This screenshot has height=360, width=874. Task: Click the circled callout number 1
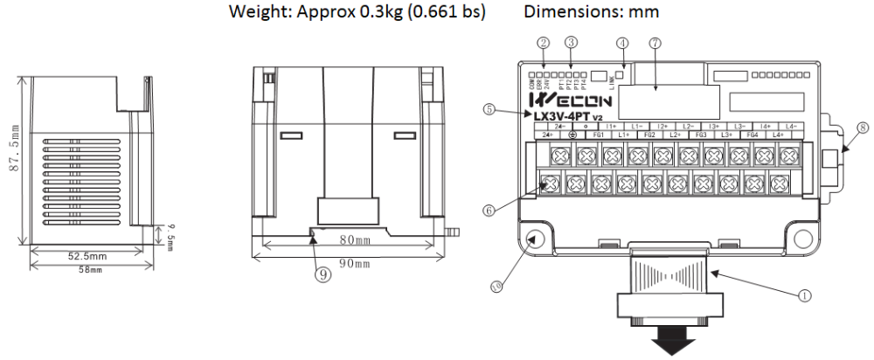coord(804,295)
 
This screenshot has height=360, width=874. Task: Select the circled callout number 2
coord(544,42)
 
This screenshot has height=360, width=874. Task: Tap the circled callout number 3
coord(571,42)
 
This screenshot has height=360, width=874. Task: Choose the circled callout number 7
coord(655,42)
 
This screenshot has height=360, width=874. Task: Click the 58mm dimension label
coord(91,269)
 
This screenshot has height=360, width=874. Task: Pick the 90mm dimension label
coord(355,262)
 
